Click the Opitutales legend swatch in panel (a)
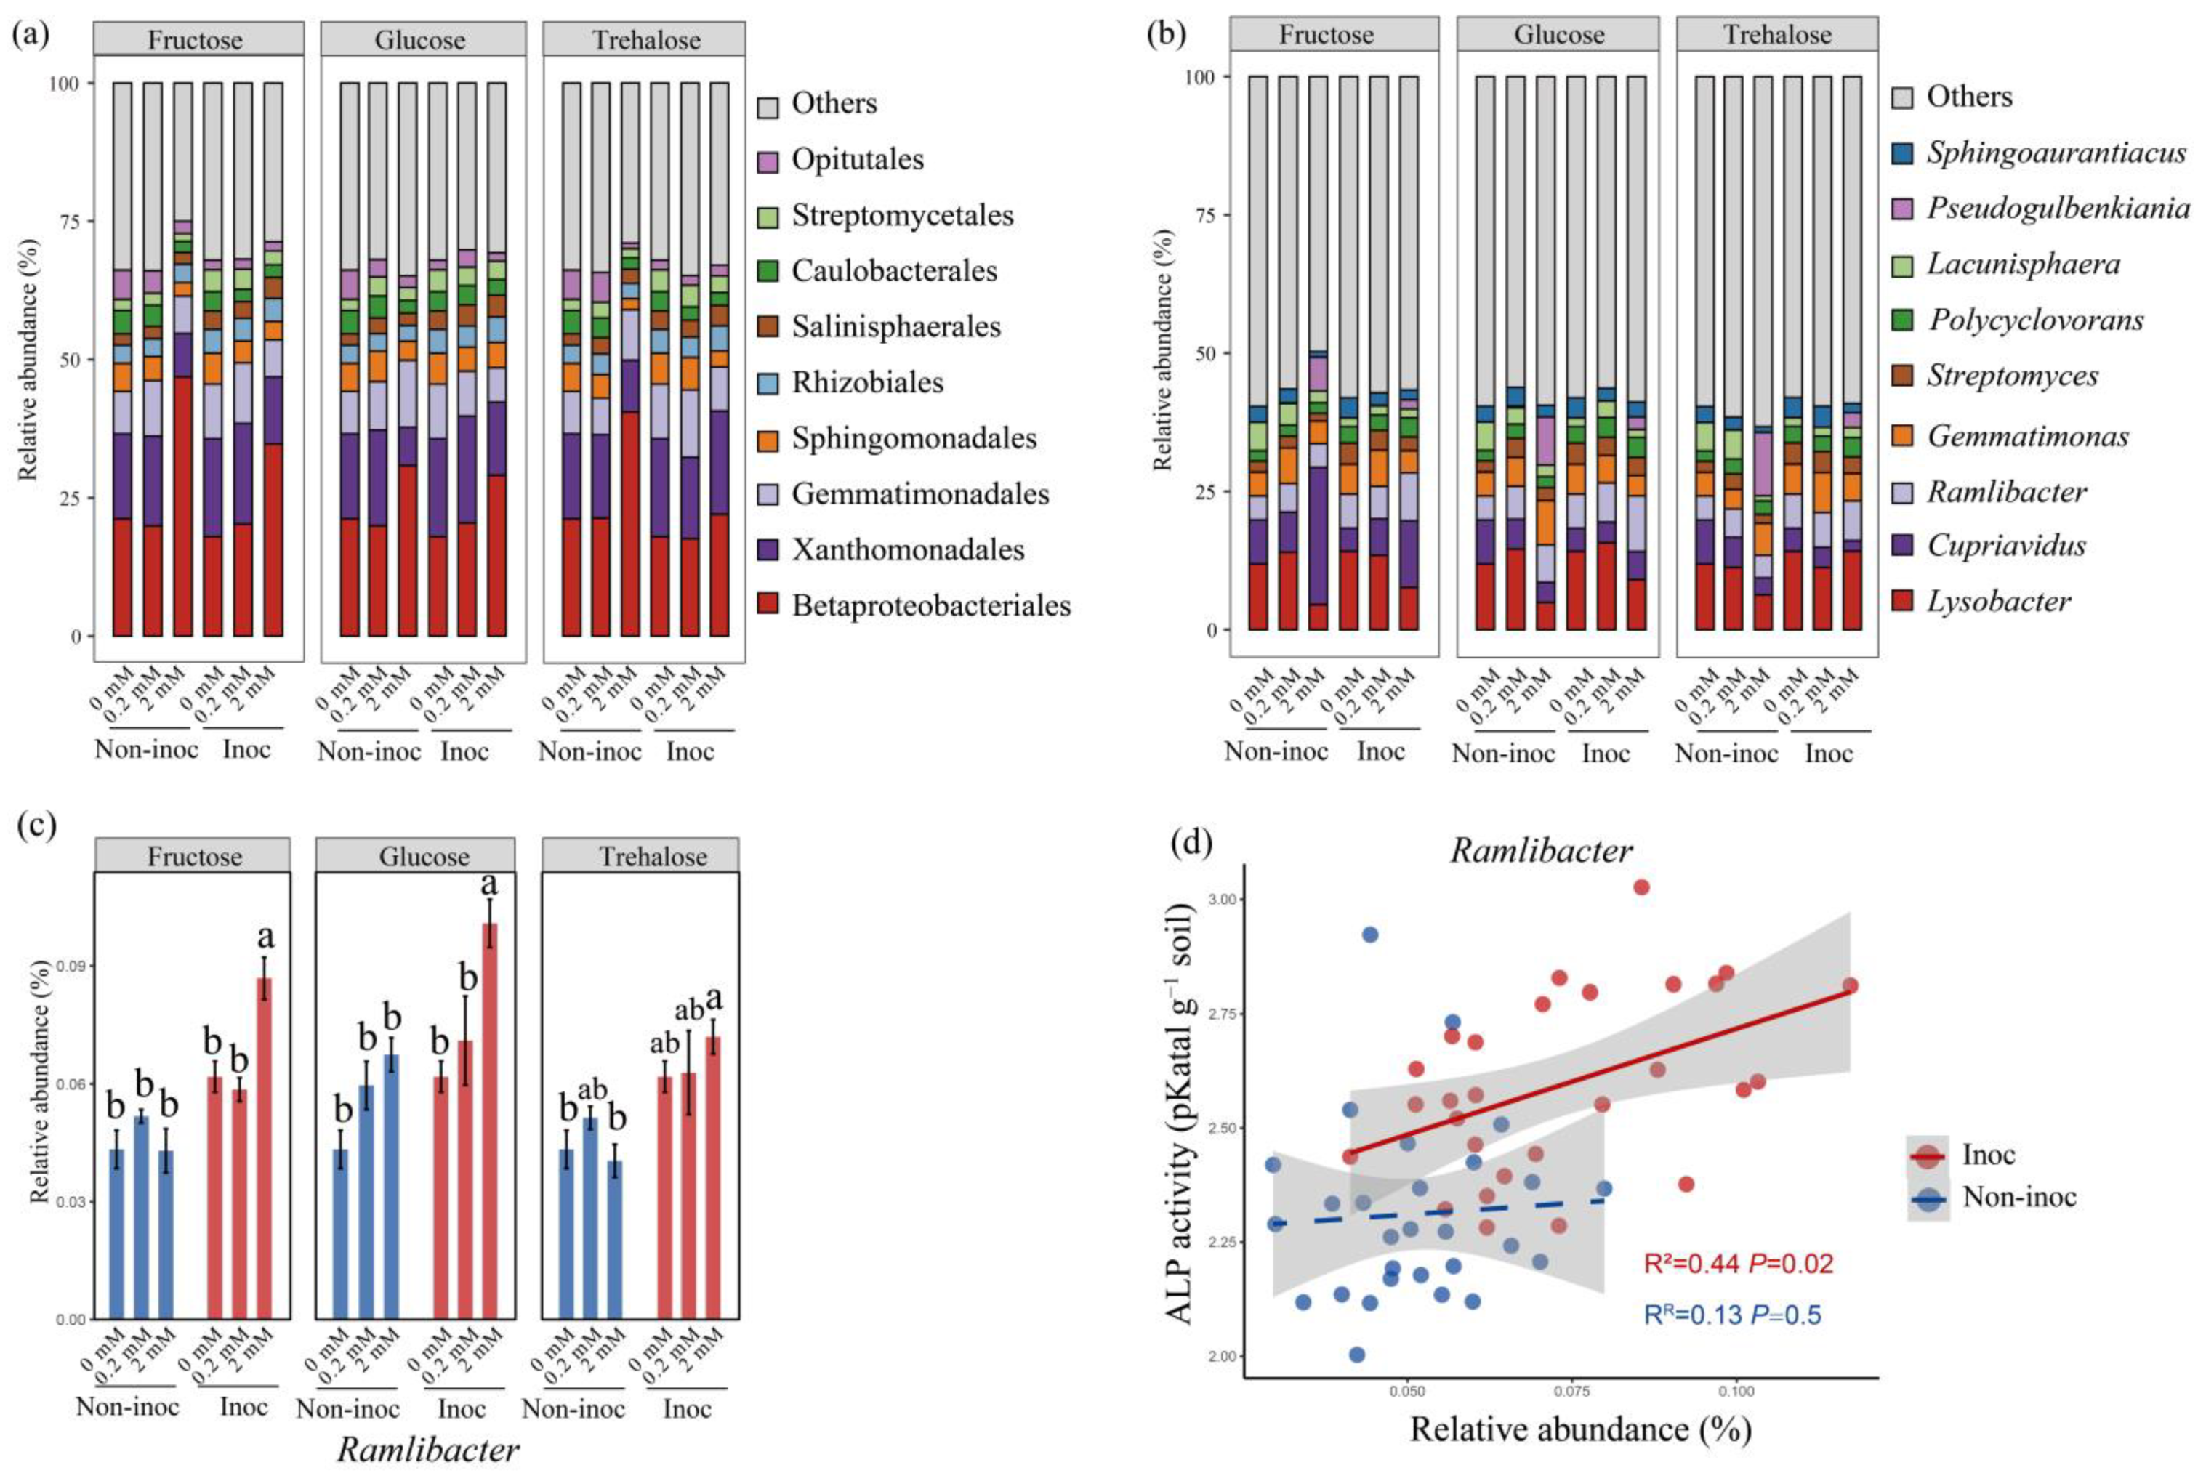tap(768, 161)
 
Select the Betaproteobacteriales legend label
tap(931, 605)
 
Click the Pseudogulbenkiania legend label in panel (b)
tap(2058, 208)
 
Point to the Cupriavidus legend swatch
tap(1902, 546)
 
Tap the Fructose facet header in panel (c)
tap(193, 856)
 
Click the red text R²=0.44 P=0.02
tap(1738, 1264)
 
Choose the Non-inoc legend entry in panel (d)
tap(1992, 1198)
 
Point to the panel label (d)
tap(1191, 841)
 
